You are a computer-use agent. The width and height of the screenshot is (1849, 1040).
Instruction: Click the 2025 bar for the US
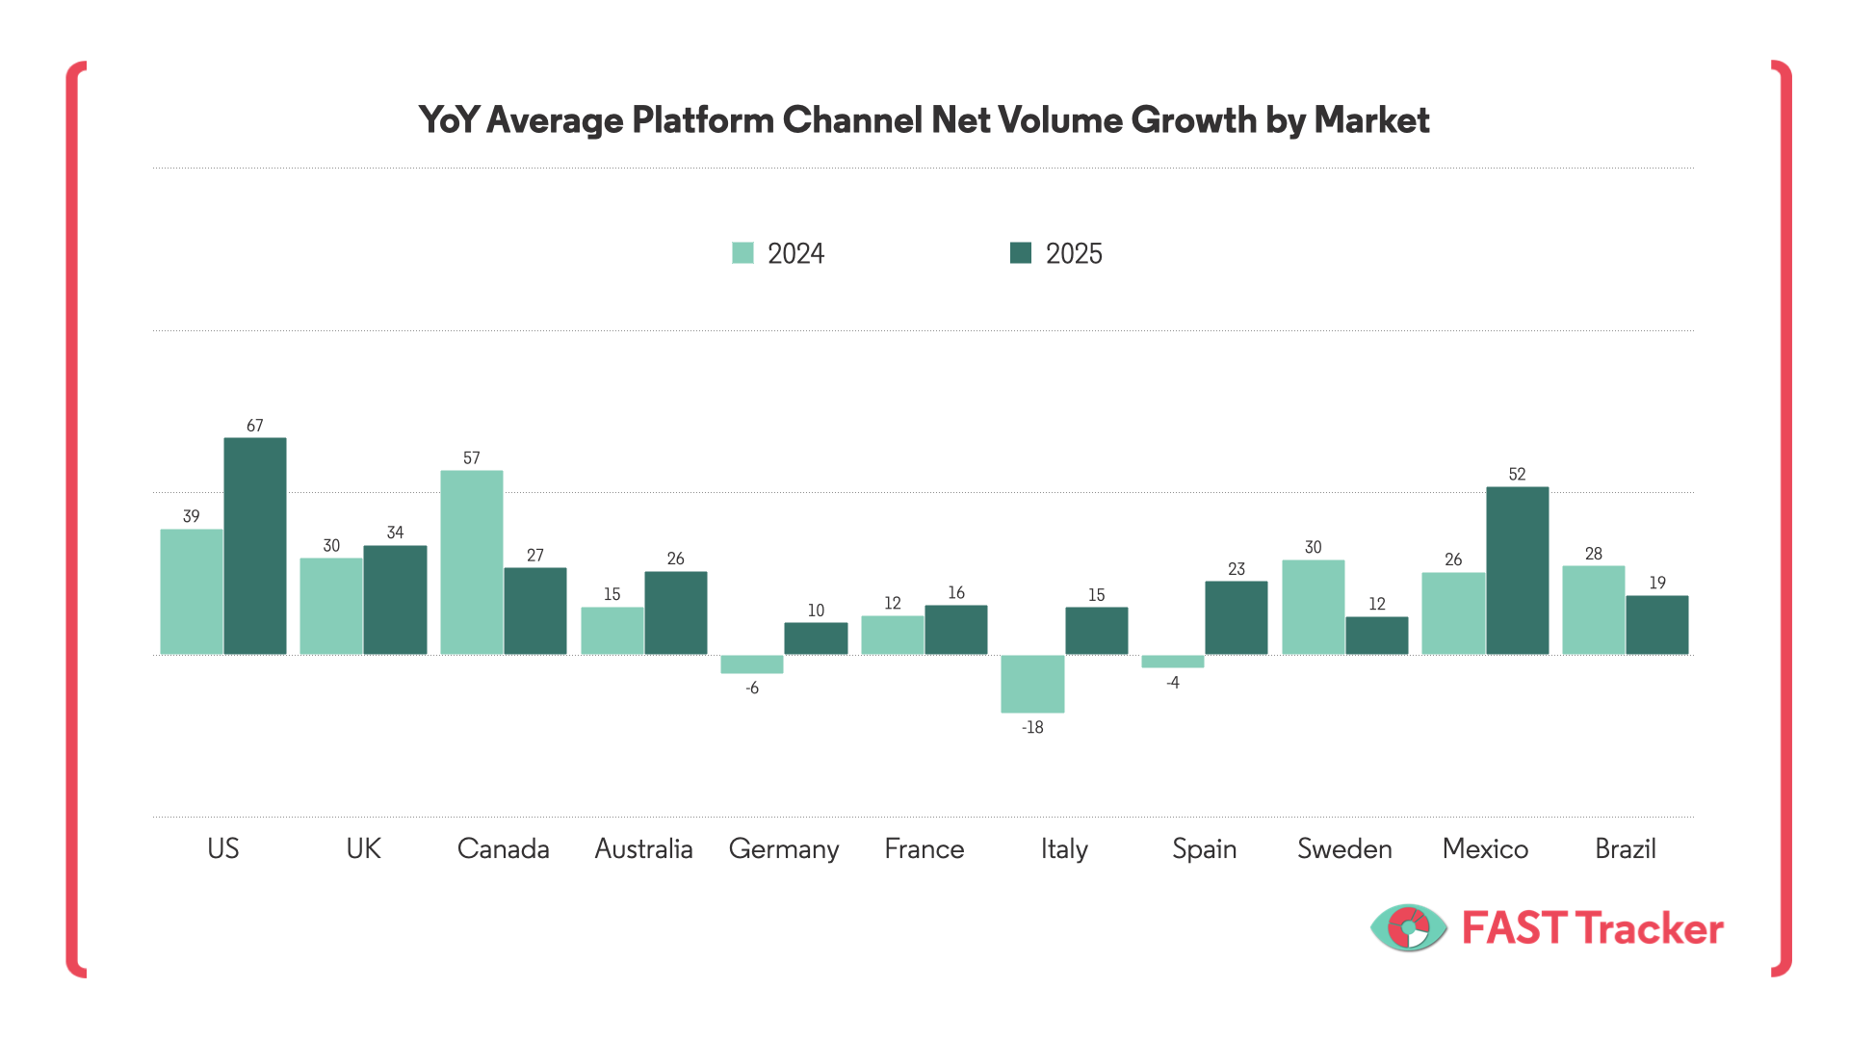[255, 546]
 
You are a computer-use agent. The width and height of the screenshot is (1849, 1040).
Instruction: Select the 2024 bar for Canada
[472, 562]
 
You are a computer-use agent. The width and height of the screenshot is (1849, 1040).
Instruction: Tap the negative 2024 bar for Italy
[1032, 684]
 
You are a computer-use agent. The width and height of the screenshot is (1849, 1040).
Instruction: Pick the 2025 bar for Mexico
[1517, 570]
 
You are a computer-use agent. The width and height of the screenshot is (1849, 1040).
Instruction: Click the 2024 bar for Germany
[752, 664]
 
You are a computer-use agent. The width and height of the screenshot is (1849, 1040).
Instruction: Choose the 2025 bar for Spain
[1237, 618]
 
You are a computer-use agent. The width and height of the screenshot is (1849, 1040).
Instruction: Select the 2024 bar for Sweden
[1313, 607]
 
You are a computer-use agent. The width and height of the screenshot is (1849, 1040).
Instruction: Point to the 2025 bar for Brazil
[1657, 625]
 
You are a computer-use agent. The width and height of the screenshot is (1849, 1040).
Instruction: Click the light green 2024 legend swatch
[742, 253]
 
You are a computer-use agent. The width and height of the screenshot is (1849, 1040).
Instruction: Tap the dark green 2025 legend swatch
[1021, 253]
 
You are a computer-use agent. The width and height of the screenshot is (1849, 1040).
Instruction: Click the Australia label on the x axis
[643, 848]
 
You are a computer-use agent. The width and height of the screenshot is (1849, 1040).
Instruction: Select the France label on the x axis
[924, 848]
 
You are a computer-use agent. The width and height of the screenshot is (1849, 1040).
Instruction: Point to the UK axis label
[363, 848]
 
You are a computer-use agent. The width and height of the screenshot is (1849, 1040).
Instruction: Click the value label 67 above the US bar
[254, 426]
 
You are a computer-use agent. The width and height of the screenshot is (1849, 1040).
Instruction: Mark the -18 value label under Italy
[1032, 728]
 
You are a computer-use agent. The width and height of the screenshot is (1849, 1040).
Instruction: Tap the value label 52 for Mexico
[1517, 475]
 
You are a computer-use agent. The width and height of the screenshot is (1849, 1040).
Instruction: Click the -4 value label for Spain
[1172, 683]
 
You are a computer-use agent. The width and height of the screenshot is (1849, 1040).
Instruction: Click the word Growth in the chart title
[1194, 120]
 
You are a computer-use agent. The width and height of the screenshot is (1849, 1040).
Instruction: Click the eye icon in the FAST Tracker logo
[1408, 928]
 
